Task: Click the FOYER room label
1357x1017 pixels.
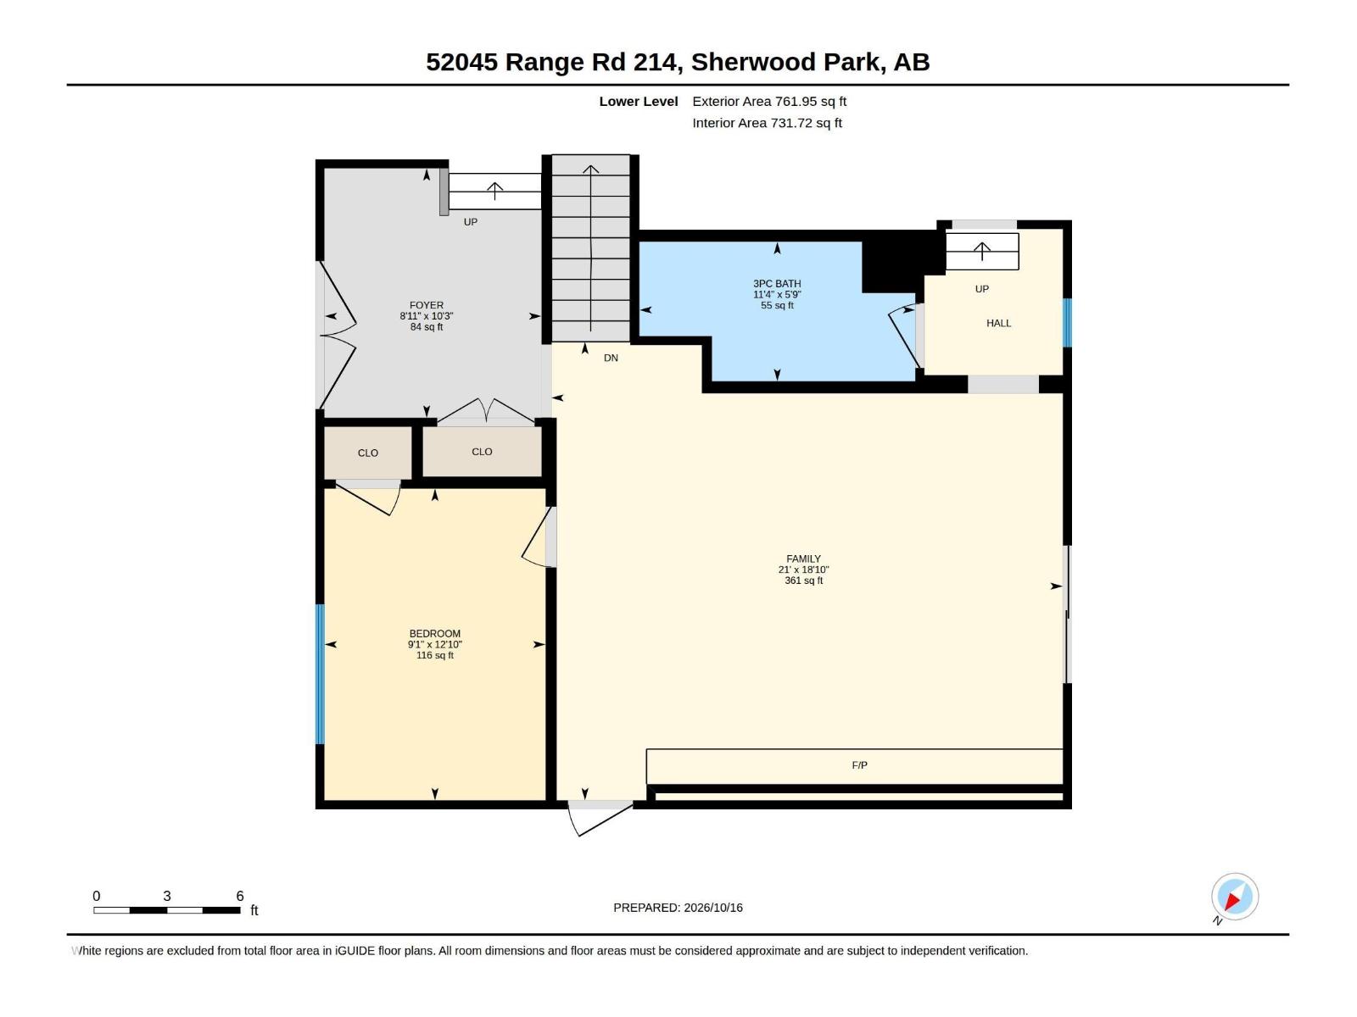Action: [x=426, y=305]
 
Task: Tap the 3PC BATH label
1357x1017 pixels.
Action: [x=777, y=283]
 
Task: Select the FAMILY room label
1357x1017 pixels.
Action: [x=803, y=559]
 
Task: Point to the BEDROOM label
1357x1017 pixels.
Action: [x=434, y=634]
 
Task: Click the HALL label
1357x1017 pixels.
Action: [x=998, y=323]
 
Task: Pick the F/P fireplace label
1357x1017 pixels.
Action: [x=859, y=765]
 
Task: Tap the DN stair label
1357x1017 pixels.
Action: [x=610, y=358]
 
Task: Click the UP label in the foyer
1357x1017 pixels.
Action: [x=471, y=222]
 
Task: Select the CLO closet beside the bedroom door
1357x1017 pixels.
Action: [x=368, y=453]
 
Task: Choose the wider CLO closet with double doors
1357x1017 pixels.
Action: [x=482, y=452]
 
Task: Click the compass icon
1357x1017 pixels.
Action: [x=1234, y=896]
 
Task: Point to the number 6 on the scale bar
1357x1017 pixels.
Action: [x=240, y=895]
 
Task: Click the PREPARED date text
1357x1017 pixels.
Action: [x=678, y=908]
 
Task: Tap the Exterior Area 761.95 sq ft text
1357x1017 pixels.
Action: [x=769, y=101]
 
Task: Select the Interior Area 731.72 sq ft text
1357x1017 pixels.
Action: [x=767, y=123]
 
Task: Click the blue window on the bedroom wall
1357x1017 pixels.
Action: [x=320, y=674]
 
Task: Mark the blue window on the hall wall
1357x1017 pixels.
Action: [x=1066, y=322]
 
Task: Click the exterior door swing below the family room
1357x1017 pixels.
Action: [x=600, y=818]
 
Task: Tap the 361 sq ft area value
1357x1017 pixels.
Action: [x=803, y=581]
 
